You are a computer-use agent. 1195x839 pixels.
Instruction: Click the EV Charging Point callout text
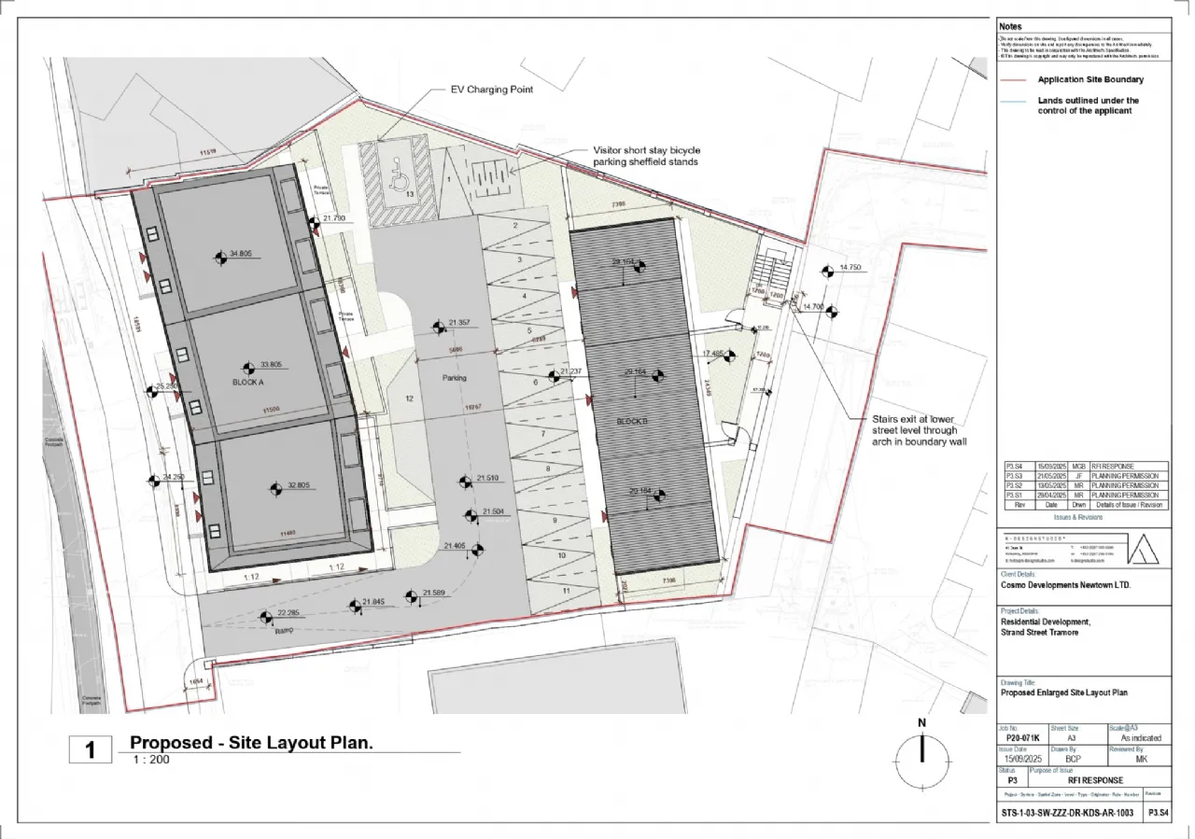pyautogui.click(x=494, y=91)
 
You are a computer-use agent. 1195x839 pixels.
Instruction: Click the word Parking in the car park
pyautogui.click(x=455, y=378)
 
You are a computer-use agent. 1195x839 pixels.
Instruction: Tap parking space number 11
pyautogui.click(x=566, y=591)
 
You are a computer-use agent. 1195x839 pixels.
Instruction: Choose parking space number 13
pyautogui.click(x=410, y=193)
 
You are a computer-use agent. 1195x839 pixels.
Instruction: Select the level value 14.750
pyautogui.click(x=850, y=268)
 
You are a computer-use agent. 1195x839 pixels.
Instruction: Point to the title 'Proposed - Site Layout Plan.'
pyautogui.click(x=251, y=743)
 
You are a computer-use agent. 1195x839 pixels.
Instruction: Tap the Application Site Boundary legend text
pyautogui.click(x=1090, y=80)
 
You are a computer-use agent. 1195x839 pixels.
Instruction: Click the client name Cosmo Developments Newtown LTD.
pyautogui.click(x=1065, y=585)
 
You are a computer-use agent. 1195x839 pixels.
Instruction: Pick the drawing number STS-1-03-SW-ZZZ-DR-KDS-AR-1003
pyautogui.click(x=1066, y=814)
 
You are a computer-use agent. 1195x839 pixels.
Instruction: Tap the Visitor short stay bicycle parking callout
pyautogui.click(x=646, y=156)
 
